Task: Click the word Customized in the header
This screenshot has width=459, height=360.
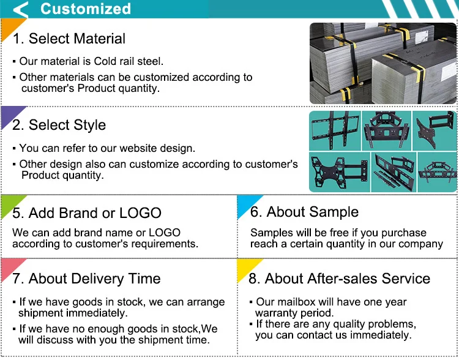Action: point(86,9)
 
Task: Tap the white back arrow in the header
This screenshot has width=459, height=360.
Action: point(20,9)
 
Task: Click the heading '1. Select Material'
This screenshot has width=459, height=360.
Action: point(69,39)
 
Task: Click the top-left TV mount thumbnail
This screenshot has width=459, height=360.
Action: point(335,130)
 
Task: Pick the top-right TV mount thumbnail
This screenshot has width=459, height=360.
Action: point(435,130)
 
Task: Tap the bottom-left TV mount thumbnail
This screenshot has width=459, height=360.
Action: point(340,172)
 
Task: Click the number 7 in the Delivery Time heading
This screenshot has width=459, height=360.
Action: point(16,279)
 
